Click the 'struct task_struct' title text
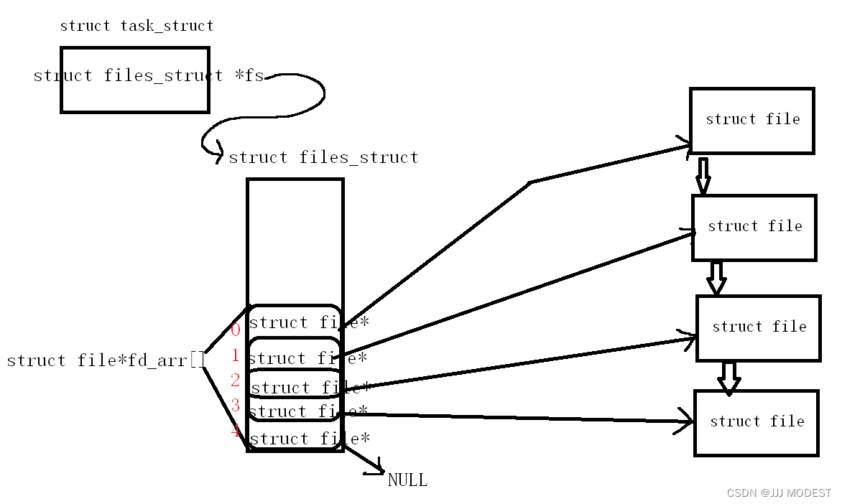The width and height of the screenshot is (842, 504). tap(137, 26)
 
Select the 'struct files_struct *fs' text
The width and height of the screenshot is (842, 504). tap(149, 75)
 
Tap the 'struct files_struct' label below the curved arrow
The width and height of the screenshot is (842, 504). tap(323, 157)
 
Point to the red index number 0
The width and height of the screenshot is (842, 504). tap(236, 330)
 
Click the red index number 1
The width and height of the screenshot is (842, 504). tap(236, 355)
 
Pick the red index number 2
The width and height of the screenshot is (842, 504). tap(236, 381)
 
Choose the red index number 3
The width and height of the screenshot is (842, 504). tap(236, 406)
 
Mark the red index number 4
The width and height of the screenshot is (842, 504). tap(236, 431)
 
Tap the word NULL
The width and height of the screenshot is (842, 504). tap(407, 480)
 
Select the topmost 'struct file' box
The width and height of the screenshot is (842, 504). tap(752, 121)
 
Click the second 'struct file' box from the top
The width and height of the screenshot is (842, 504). tap(754, 228)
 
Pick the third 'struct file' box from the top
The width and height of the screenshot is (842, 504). tap(759, 328)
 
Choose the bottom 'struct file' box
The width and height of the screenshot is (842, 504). tap(757, 423)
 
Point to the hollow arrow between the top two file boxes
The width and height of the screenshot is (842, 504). tap(703, 175)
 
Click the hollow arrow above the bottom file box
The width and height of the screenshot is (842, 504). tap(729, 378)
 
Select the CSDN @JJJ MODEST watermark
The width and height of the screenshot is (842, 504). tap(779, 493)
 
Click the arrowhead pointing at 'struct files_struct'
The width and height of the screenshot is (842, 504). tap(218, 157)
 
